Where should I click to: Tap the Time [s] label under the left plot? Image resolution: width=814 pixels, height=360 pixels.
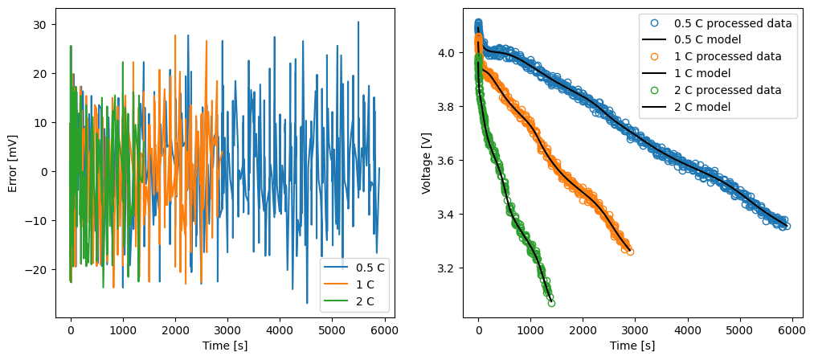tap(225, 346)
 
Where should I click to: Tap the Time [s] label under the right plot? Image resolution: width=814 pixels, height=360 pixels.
tap(632, 346)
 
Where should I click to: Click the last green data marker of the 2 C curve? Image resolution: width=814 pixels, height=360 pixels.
tap(551, 303)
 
